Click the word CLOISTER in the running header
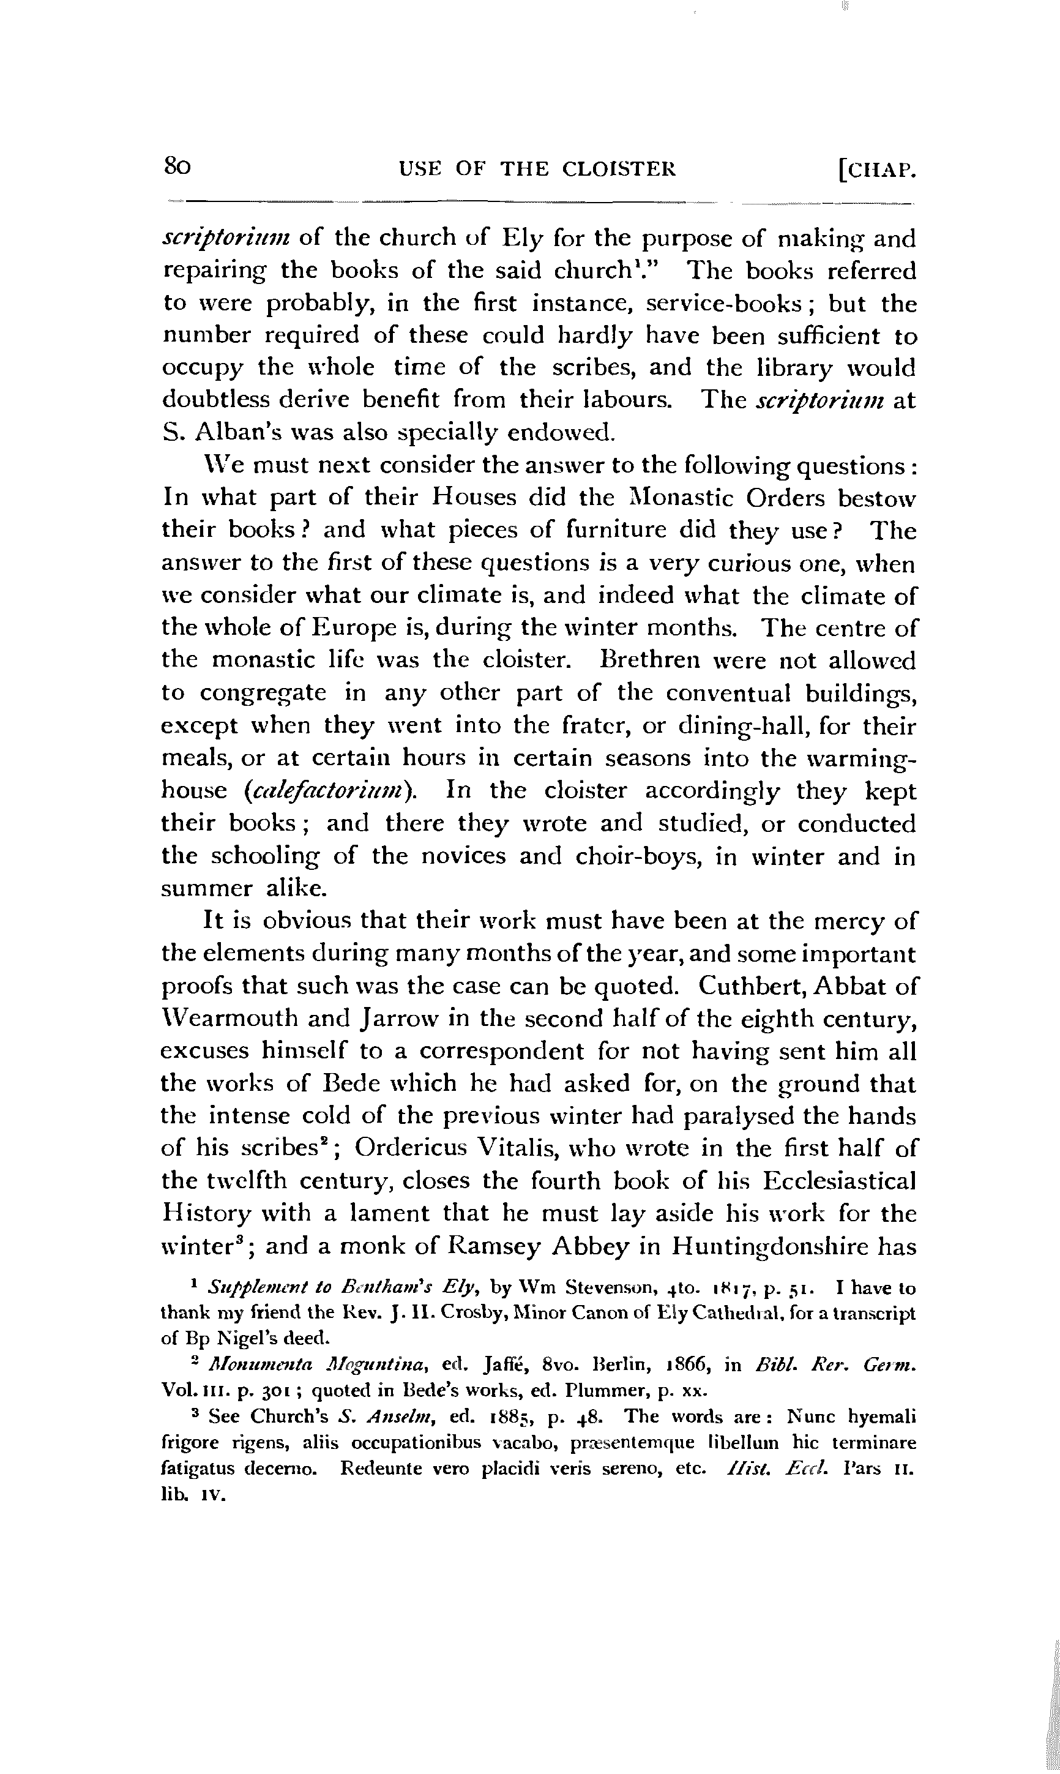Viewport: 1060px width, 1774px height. (619, 170)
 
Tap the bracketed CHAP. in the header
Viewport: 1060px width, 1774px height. (877, 171)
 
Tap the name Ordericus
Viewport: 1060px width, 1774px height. (410, 1150)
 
